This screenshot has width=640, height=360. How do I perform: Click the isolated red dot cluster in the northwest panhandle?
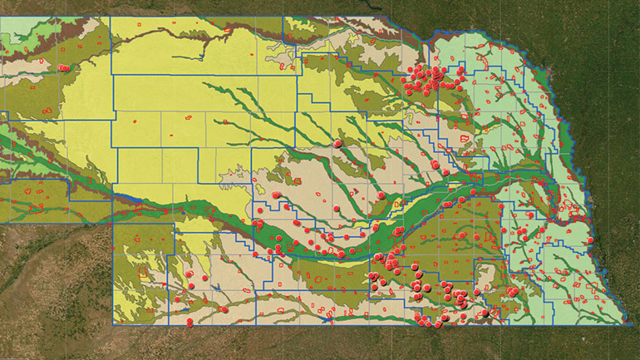[x=63, y=67]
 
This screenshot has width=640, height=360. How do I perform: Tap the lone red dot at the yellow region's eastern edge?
[x=337, y=144]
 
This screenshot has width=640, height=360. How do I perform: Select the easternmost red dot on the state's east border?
[x=590, y=240]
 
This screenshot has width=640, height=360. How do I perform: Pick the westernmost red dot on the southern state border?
[x=190, y=322]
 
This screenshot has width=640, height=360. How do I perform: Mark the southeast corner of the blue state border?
[x=627, y=323]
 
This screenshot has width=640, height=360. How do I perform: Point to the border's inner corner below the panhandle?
[x=113, y=223]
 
